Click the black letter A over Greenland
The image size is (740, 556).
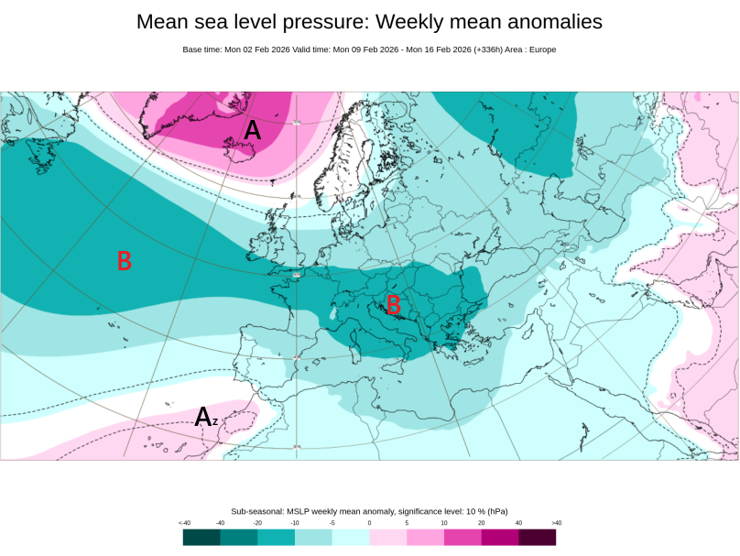coord(252,131)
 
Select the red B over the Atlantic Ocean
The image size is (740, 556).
coord(125,261)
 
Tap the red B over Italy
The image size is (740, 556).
coord(394,304)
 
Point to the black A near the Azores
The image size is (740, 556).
coord(203,418)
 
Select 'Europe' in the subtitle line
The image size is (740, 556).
coord(540,49)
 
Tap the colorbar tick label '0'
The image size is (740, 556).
coord(369,522)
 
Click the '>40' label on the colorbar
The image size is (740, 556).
coord(556,522)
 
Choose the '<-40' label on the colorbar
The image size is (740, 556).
coord(184,522)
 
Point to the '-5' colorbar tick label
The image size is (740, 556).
coord(332,522)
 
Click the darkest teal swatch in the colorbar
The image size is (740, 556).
coord(201,537)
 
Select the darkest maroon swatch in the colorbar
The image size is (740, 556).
coord(538,537)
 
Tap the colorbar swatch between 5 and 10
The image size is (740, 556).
coord(425,537)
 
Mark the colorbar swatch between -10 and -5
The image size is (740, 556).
coord(313,537)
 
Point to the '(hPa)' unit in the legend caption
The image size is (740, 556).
coord(495,511)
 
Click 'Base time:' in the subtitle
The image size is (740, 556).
coord(202,49)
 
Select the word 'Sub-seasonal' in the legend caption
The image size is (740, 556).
coord(257,511)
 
